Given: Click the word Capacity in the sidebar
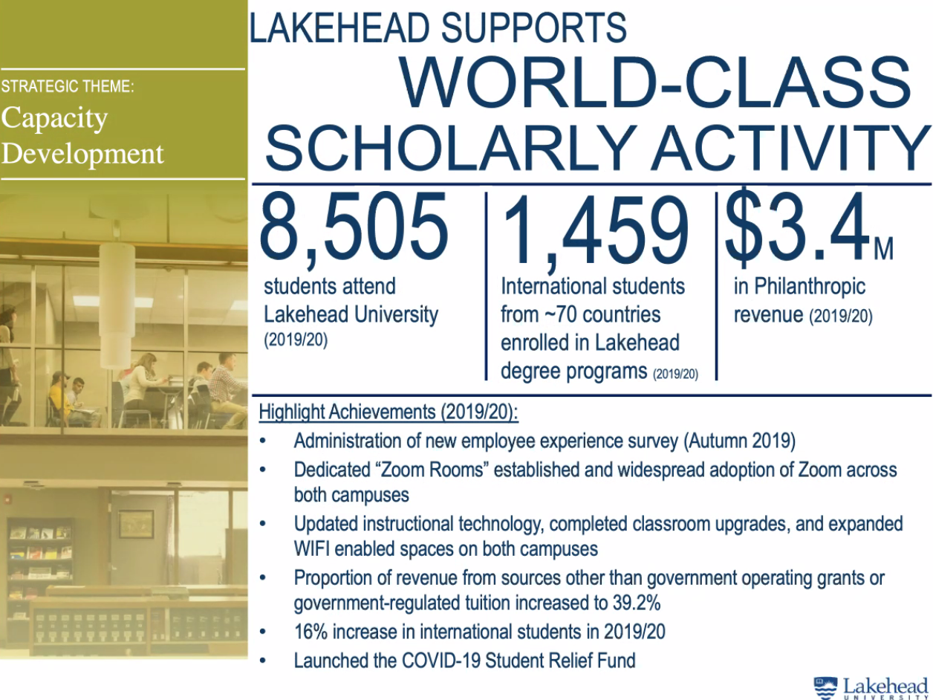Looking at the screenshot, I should pyautogui.click(x=54, y=119).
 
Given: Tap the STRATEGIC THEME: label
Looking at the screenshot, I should pyautogui.click(x=67, y=86).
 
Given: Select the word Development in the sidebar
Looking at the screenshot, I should pyautogui.click(x=82, y=155).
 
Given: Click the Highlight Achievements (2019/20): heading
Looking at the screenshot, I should pyautogui.click(x=388, y=412).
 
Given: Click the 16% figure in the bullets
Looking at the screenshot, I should pyautogui.click(x=312, y=632).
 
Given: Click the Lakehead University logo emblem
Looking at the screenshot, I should pyautogui.click(x=825, y=687).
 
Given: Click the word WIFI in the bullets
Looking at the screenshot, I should pyautogui.click(x=312, y=550).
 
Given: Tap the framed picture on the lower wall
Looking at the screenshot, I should pyautogui.click(x=136, y=523).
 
